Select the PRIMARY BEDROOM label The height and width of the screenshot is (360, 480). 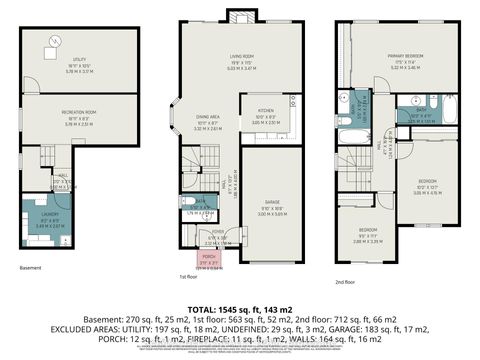point(404,60)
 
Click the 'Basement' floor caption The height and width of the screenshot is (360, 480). point(30,268)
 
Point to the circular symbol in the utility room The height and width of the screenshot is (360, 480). point(54,41)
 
